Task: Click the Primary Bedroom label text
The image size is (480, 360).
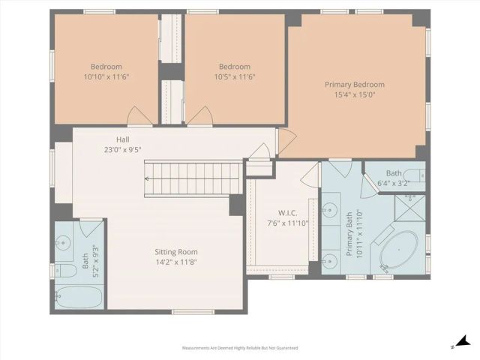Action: (354, 85)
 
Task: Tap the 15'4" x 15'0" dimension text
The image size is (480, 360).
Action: (354, 95)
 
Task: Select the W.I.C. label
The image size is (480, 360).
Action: (277, 212)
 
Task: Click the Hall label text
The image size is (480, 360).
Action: (123, 139)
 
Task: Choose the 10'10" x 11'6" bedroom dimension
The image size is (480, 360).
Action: (106, 76)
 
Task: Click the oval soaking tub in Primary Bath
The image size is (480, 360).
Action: (399, 251)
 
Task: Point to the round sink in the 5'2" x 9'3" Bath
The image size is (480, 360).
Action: (64, 242)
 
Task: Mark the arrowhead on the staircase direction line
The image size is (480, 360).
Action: (148, 178)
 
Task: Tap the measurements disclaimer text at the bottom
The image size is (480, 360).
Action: (239, 348)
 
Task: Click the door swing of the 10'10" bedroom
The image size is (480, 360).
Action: (139, 115)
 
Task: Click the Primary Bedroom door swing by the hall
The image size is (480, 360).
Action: (286, 138)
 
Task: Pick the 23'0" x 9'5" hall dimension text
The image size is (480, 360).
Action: (123, 149)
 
